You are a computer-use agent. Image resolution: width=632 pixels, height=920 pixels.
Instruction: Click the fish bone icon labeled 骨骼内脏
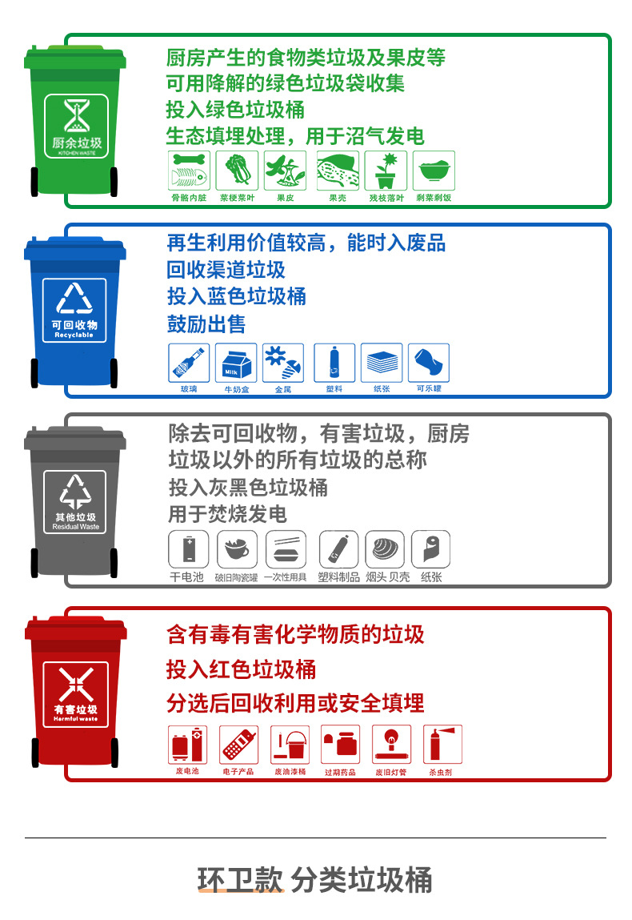189,171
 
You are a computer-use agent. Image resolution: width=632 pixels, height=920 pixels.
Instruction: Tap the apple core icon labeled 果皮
285,171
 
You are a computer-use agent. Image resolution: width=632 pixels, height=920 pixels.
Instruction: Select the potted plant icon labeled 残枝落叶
386,171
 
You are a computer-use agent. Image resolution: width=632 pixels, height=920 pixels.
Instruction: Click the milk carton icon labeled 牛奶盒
237,364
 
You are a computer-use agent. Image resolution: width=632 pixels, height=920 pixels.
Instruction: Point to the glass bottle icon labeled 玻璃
189,364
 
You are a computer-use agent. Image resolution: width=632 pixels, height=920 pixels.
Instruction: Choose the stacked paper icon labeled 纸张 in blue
382,364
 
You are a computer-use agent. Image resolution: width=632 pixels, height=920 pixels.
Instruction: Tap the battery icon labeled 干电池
188,550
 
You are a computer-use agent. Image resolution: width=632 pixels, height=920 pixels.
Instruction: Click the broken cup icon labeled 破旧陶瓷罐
237,550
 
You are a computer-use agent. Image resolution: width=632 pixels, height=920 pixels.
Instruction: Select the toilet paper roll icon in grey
430,550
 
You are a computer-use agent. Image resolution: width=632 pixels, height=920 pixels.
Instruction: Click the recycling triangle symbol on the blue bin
75,299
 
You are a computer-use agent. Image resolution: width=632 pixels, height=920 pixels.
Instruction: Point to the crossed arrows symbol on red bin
75,683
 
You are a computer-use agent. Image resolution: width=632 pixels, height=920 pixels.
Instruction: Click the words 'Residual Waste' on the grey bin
76,527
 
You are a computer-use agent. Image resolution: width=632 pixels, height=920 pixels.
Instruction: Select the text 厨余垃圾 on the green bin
76,143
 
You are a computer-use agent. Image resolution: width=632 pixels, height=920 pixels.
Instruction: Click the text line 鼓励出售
206,324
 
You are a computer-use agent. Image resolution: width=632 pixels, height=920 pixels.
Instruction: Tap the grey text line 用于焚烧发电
227,514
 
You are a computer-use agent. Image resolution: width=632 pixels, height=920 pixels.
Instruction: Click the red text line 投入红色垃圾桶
241,669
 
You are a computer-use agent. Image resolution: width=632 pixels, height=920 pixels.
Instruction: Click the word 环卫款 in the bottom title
240,880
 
